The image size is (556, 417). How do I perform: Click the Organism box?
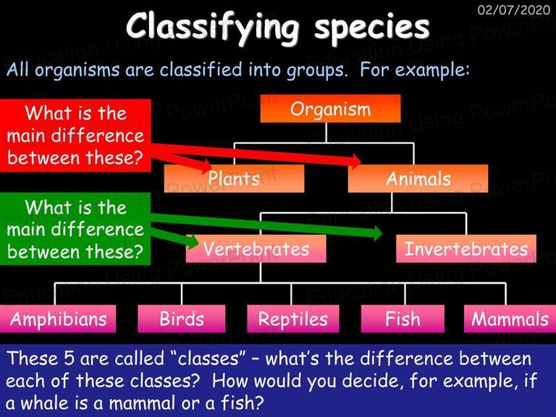(x=330, y=109)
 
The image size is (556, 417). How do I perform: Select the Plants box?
(x=234, y=178)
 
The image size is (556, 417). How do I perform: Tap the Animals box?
(x=418, y=178)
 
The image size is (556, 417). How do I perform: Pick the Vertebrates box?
(x=256, y=248)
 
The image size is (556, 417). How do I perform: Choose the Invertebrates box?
(x=466, y=248)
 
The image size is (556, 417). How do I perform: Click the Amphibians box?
(x=58, y=319)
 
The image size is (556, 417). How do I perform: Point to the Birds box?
(x=182, y=319)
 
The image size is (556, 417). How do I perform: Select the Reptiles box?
(x=293, y=319)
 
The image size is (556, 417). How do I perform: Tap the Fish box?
(x=403, y=319)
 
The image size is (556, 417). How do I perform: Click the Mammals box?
(x=510, y=319)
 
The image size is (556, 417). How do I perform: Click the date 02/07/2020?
(x=514, y=9)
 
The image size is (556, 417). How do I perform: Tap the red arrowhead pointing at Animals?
(x=355, y=161)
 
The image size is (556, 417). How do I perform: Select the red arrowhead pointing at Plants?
(x=205, y=166)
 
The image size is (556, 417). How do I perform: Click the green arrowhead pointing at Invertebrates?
(x=376, y=233)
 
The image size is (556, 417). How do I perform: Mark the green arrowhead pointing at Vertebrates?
(x=191, y=242)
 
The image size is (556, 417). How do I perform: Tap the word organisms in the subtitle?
(x=77, y=70)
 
